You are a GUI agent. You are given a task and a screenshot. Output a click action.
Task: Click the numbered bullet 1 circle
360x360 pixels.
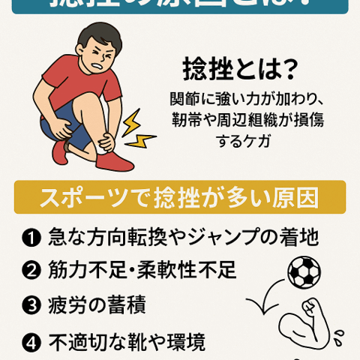pos(31,239)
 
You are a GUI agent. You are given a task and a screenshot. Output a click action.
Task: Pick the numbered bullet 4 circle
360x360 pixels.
pos(31,342)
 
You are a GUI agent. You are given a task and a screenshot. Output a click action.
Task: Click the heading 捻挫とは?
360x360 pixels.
pos(240,71)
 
